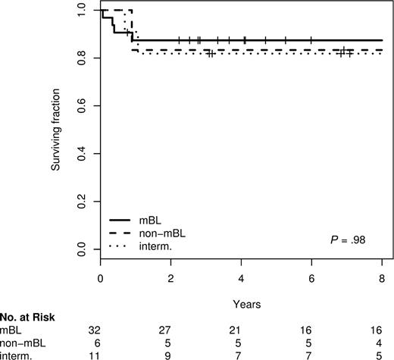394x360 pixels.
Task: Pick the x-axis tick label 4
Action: [x=242, y=278]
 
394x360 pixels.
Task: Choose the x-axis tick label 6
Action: [x=312, y=278]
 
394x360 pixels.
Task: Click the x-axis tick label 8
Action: [x=383, y=278]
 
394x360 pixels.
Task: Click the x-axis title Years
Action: [x=242, y=304]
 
